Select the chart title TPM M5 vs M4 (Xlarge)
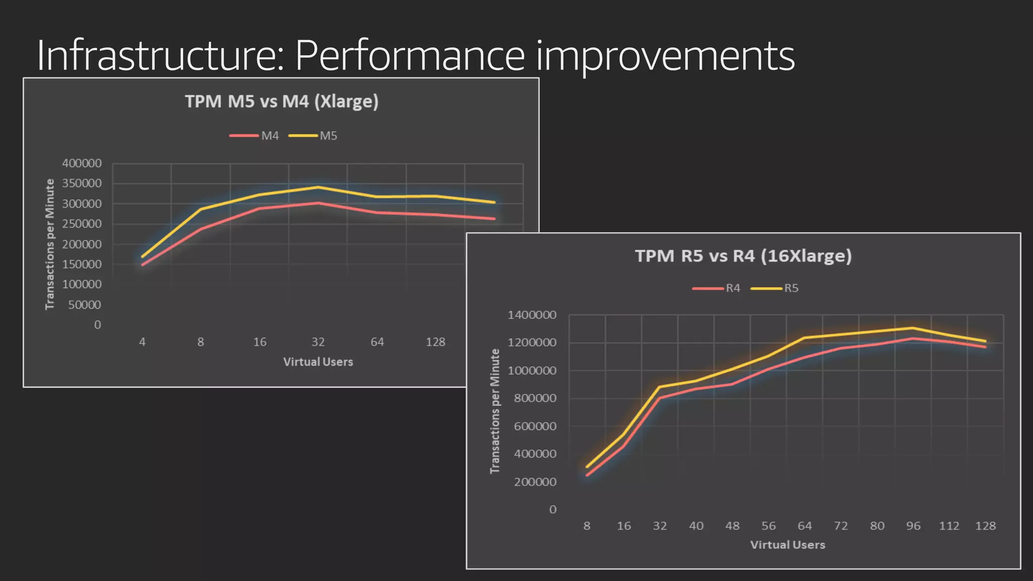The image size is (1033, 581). [281, 101]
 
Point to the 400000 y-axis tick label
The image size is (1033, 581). [82, 163]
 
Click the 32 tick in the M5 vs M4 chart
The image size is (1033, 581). [318, 342]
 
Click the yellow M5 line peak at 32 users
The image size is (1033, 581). [318, 187]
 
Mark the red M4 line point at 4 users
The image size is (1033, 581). [142, 264]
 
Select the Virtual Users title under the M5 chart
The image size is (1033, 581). [318, 362]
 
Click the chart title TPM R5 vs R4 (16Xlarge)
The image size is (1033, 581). [743, 256]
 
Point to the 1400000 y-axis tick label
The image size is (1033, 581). [532, 315]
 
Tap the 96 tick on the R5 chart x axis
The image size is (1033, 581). [913, 526]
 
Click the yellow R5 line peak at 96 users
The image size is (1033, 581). [913, 328]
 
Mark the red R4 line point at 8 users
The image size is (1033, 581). [587, 475]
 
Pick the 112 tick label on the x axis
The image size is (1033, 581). [949, 526]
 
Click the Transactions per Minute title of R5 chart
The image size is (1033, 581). [495, 411]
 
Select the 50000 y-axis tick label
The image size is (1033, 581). [84, 305]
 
